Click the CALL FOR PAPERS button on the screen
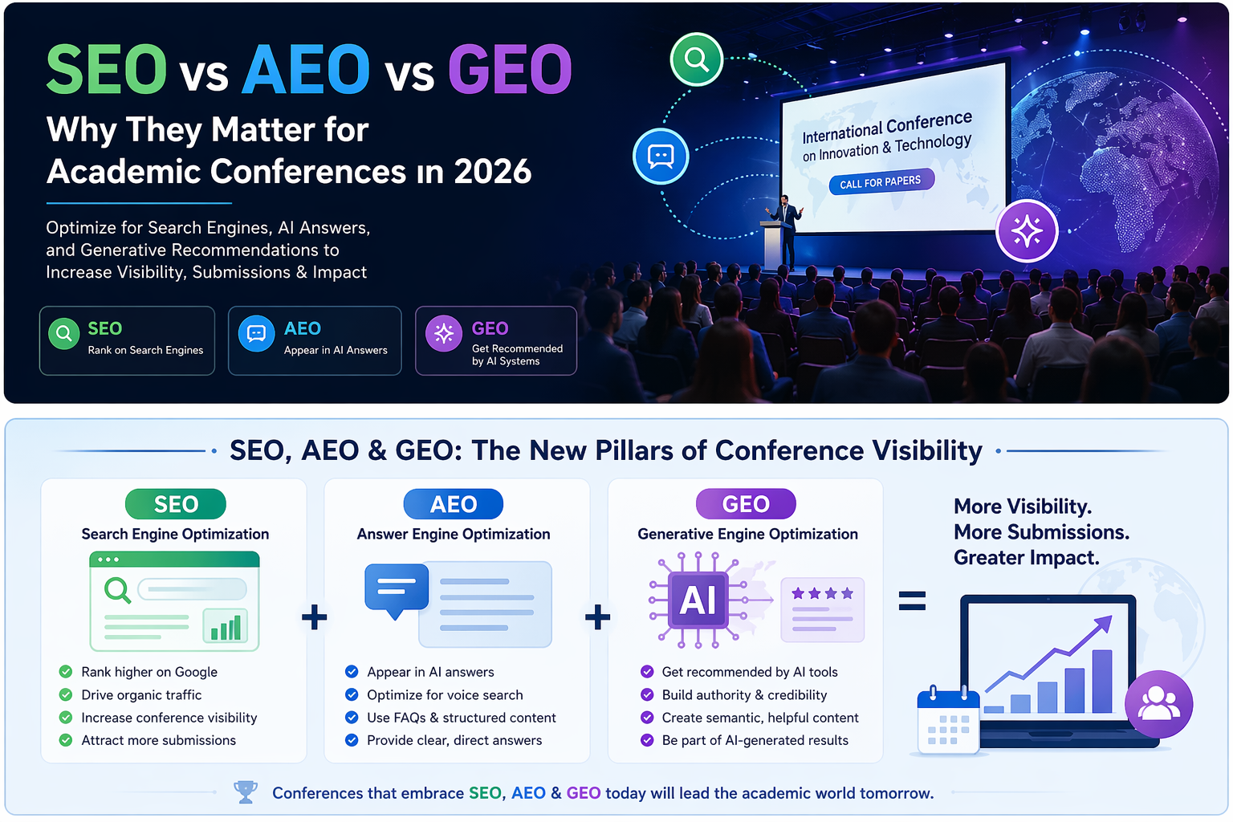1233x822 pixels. pos(881,181)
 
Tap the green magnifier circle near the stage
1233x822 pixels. pos(696,59)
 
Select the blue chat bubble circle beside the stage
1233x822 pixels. pos(661,156)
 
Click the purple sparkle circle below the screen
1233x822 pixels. pos(1027,230)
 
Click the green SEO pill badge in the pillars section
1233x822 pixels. pos(176,504)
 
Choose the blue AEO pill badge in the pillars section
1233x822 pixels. pos(453,504)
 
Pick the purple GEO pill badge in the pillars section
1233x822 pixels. pos(746,504)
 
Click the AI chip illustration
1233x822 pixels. pos(698,600)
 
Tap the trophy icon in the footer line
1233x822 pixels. pos(246,791)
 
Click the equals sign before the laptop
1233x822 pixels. pos(912,600)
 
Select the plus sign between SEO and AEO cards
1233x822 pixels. pos(315,616)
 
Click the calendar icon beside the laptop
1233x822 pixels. pos(948,720)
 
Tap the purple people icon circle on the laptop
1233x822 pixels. pos(1158,704)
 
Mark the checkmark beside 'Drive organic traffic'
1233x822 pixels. pos(66,695)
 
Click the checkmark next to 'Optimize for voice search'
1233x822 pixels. pos(351,695)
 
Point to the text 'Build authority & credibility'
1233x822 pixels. pos(744,695)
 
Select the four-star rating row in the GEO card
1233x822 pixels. pos(822,593)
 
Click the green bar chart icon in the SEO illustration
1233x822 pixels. pos(226,625)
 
